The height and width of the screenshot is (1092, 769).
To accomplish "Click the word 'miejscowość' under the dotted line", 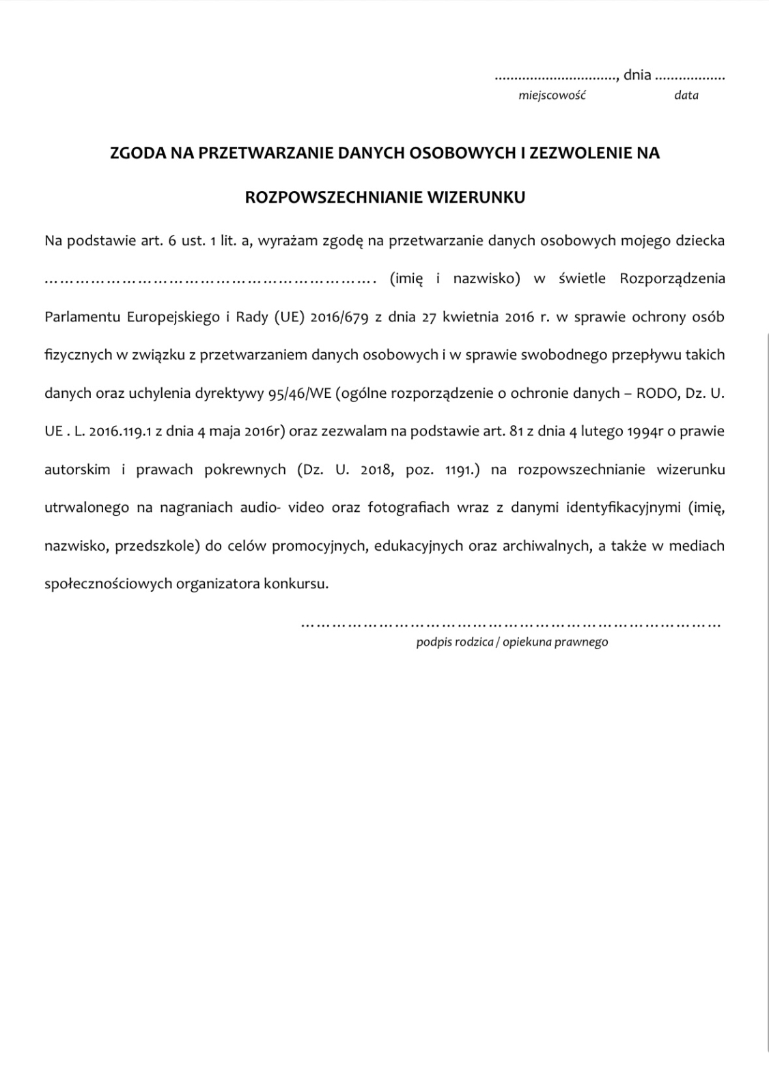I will click(552, 96).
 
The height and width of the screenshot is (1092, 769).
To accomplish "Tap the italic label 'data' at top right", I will click(686, 96).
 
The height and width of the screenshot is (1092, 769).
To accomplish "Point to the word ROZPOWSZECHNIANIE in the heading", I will click(333, 197).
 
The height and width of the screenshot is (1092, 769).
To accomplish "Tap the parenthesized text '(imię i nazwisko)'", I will click(455, 278).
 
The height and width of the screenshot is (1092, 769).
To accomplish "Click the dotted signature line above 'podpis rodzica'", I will click(511, 623).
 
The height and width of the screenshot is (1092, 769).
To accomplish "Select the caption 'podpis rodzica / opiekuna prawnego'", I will click(512, 642).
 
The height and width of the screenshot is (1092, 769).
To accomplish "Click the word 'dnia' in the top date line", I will click(637, 75).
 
